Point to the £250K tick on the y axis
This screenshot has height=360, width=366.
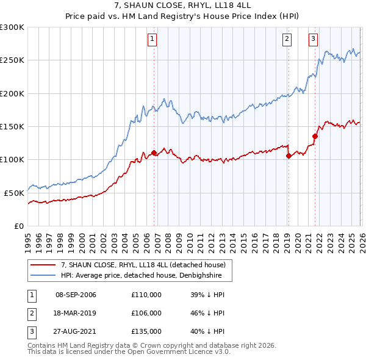point(12,60)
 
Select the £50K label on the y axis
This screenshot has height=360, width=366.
point(14,193)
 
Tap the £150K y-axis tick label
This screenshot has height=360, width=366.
point(12,126)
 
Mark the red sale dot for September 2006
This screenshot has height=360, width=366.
point(154,153)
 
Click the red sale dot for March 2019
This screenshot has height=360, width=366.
point(289,156)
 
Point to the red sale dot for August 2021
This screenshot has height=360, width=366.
point(315,136)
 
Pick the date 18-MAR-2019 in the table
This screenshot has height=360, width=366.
point(76,313)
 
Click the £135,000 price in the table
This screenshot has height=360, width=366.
point(146,331)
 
